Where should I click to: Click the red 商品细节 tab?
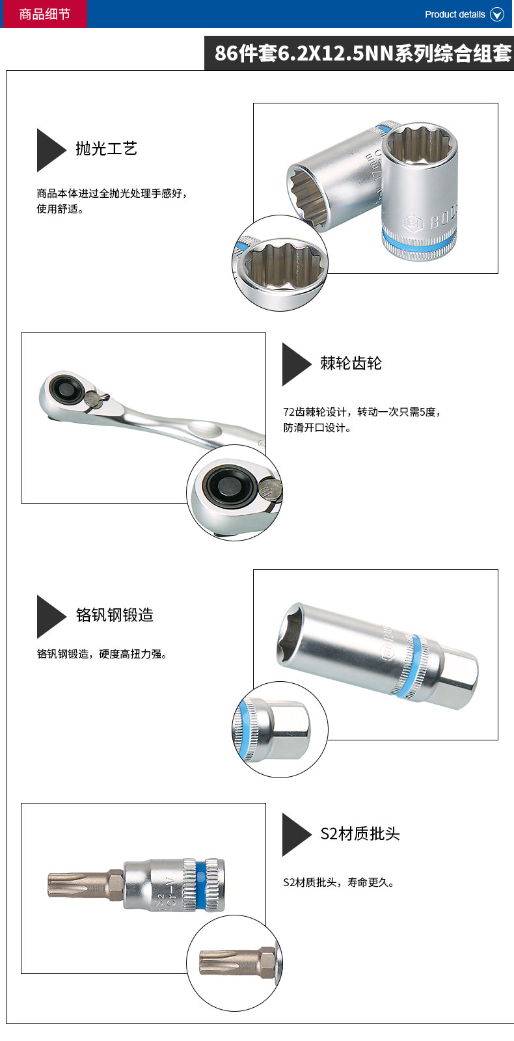tap(44, 14)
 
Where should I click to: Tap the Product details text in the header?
tap(455, 14)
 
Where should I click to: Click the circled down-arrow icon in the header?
tap(497, 14)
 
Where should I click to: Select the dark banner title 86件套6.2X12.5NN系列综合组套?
tap(362, 53)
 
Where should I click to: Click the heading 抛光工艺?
tap(107, 148)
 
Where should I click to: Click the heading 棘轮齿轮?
tap(351, 363)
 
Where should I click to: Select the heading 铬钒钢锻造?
tap(115, 615)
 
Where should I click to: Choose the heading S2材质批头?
tap(360, 833)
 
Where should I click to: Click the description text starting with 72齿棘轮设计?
tap(362, 420)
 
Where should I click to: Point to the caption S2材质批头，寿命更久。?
tap(339, 882)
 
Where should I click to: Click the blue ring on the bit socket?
tap(201, 884)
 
